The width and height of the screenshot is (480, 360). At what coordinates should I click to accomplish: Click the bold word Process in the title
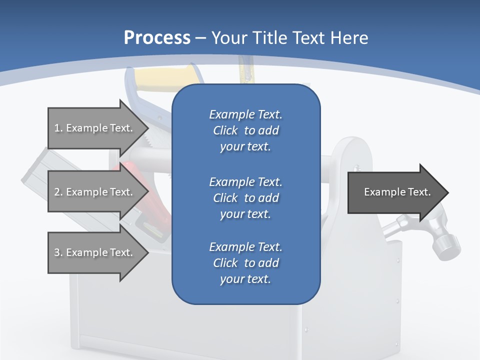tap(157, 38)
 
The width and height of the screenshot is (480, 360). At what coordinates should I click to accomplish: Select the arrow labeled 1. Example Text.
tap(95, 128)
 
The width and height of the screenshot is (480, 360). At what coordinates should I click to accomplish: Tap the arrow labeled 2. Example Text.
tap(95, 192)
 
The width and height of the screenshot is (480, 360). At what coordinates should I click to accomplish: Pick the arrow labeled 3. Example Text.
tap(95, 252)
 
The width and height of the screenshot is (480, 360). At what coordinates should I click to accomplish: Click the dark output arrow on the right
tap(395, 192)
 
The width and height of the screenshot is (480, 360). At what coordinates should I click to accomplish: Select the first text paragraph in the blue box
tap(245, 130)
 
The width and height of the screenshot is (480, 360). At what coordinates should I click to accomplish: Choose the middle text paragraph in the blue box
tap(245, 198)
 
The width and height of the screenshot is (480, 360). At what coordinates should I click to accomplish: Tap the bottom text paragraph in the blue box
tap(245, 263)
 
